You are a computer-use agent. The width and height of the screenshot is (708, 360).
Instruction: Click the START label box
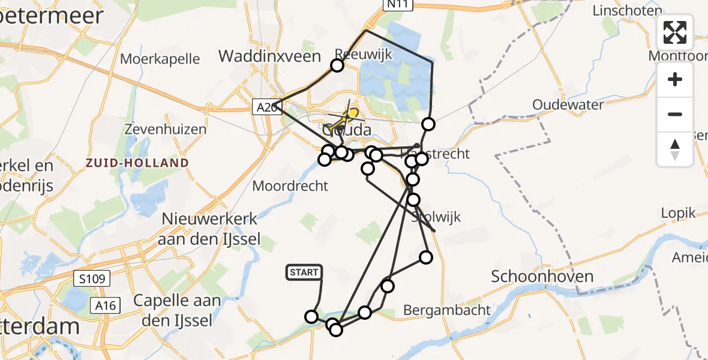(304, 272)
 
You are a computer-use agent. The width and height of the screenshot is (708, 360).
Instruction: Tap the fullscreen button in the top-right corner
(675, 32)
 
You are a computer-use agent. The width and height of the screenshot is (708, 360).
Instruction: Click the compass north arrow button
(675, 149)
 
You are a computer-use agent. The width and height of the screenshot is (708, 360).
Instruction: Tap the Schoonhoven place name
(542, 277)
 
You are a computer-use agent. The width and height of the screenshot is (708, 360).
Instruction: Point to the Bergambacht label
(447, 310)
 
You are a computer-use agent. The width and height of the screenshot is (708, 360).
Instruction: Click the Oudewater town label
(568, 105)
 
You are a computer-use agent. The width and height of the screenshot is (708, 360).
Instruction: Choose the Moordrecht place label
(290, 186)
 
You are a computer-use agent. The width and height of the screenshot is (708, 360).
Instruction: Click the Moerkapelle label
(160, 59)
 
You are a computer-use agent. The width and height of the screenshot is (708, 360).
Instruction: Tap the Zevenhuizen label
(165, 129)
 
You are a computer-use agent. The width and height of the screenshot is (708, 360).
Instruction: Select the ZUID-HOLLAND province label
(137, 163)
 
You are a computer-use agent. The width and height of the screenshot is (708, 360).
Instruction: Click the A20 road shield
(265, 107)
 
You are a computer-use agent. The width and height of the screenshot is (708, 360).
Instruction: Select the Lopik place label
(678, 213)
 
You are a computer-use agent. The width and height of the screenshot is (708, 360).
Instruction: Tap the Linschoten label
(626, 10)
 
